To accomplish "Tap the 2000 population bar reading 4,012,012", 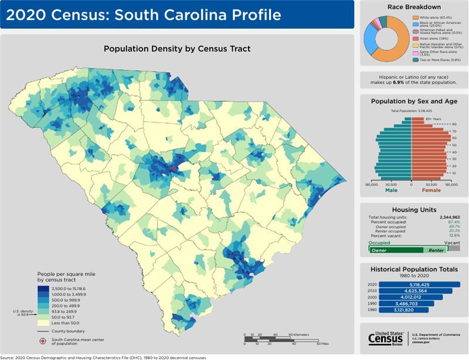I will click(410, 297).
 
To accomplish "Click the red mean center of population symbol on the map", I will click(173, 169).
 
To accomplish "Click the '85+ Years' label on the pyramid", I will click(432, 119).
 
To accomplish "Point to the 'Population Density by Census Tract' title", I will click(177, 49).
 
